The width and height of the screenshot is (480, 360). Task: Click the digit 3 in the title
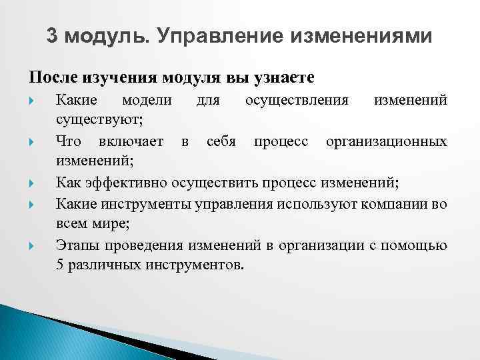click(53, 36)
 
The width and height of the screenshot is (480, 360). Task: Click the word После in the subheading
click(53, 77)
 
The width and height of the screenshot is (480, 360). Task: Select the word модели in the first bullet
click(146, 100)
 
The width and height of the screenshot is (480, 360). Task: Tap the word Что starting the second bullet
click(69, 141)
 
